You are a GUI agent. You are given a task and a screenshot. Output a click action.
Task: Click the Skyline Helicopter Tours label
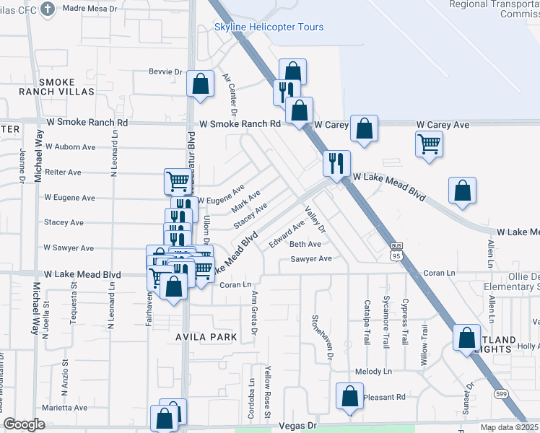269,27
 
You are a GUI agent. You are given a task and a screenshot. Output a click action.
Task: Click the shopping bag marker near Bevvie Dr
200,83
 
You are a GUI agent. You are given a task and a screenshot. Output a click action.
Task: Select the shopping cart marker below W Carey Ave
429,144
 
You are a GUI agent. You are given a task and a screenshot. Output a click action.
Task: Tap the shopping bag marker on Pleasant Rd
349,396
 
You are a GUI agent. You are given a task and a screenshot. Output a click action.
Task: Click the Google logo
24,424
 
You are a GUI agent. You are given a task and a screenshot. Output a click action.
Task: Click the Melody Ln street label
373,372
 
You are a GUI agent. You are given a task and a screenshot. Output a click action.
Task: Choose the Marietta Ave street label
64,408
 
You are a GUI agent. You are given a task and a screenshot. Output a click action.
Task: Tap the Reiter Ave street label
63,172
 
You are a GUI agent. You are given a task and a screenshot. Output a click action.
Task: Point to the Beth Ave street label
305,244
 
